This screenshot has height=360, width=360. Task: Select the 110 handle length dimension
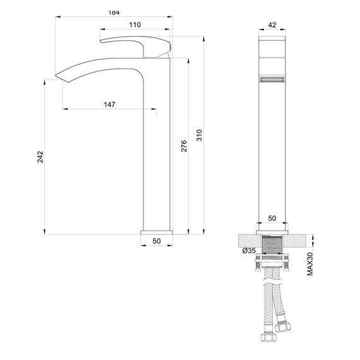coord(135,25)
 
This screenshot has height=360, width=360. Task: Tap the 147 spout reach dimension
coord(109,104)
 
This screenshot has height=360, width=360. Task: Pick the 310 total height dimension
coord(199,135)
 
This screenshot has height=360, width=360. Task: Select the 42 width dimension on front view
coord(272,25)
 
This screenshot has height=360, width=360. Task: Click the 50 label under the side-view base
coord(157,241)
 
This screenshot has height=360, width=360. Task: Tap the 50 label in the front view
coord(272,218)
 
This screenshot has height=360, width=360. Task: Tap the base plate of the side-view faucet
coord(156,232)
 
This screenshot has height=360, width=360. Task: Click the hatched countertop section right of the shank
coord(299,240)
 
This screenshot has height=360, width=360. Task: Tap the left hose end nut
coord(265,333)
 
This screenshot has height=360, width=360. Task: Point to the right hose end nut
coord(282,328)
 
